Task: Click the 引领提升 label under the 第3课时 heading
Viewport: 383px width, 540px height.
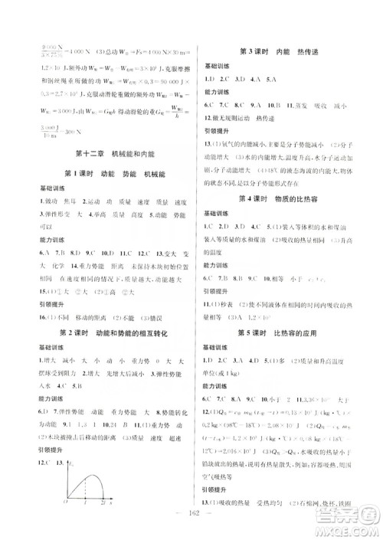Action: tap(216, 129)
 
